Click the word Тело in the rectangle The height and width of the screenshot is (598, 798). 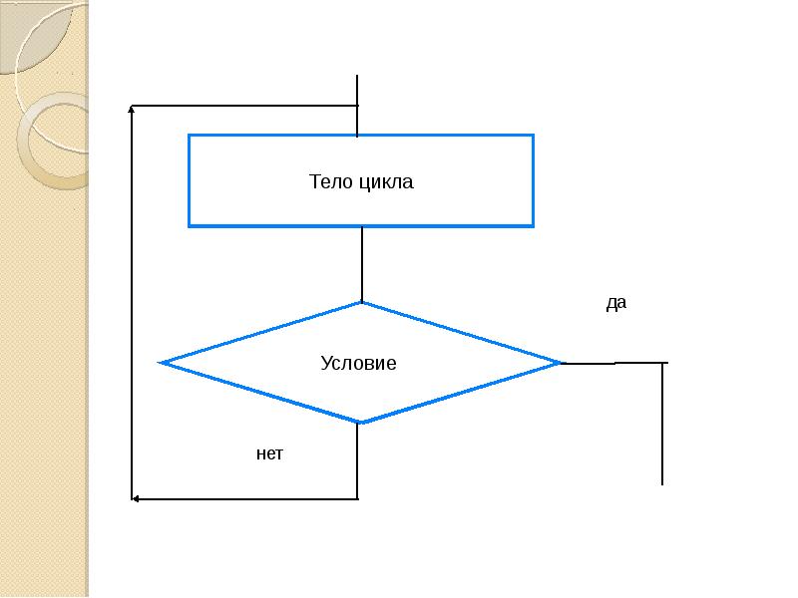coord(329,182)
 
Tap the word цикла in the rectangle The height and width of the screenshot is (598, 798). coord(387,182)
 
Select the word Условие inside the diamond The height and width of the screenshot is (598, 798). coord(358,364)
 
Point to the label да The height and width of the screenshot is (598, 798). coord(616,304)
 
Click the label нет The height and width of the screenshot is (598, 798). coord(269,454)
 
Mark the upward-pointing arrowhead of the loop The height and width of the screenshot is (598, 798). coord(133,111)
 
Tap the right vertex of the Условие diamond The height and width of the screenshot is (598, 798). coord(561,363)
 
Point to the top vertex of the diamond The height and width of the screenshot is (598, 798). coord(361,303)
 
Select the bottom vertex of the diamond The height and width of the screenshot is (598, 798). coord(361,422)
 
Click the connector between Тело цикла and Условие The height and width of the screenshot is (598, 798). coord(362,264)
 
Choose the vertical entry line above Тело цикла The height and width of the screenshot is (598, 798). coord(357,100)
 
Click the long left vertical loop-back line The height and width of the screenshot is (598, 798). coord(133,299)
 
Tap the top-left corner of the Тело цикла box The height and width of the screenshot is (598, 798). coord(190,136)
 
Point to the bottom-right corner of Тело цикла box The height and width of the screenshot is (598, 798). coord(533,225)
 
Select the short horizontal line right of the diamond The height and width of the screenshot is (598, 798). coord(613,363)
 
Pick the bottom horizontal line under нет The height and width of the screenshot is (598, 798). coord(249,498)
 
